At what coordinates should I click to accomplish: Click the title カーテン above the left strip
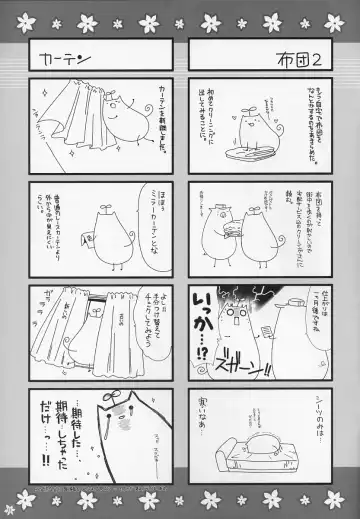click(61, 56)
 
